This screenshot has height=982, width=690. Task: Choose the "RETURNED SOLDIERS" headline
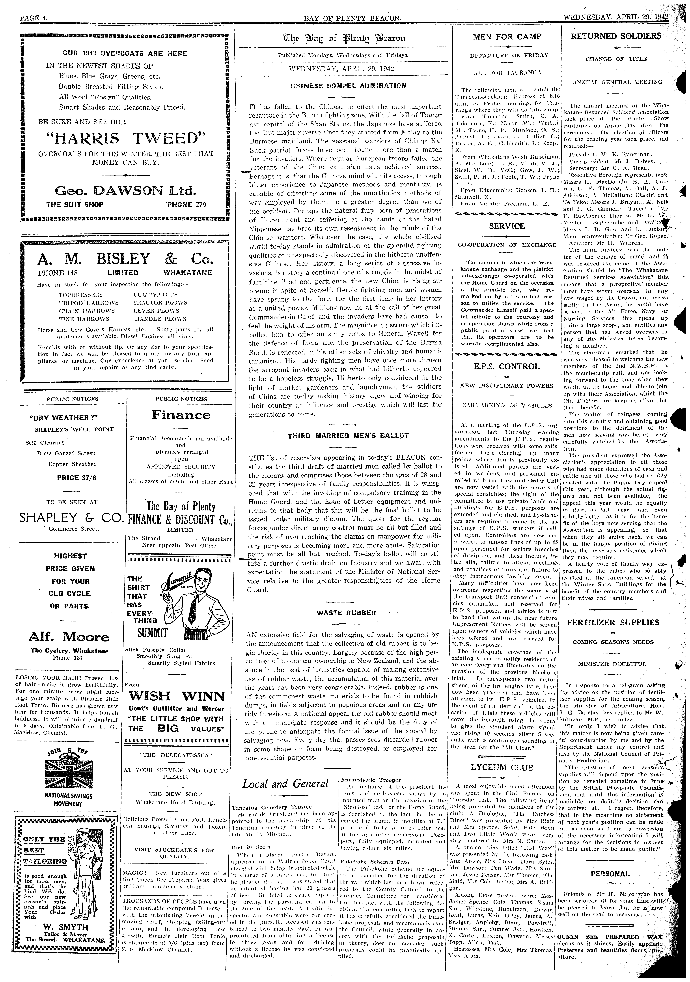[x=616, y=36]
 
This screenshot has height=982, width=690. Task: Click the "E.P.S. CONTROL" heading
[x=507, y=367]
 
